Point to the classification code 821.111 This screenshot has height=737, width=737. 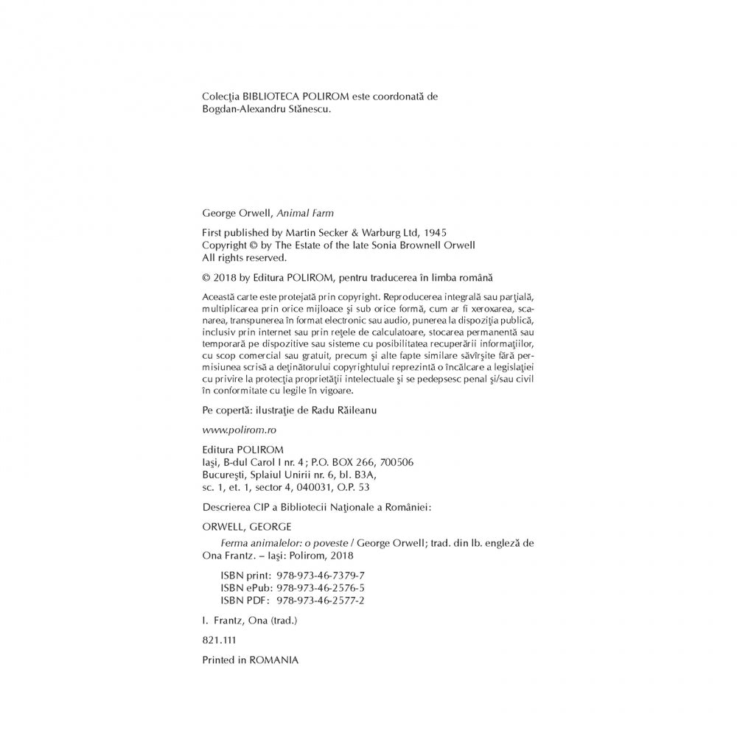(216, 641)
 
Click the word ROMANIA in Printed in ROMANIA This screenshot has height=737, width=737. (274, 661)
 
